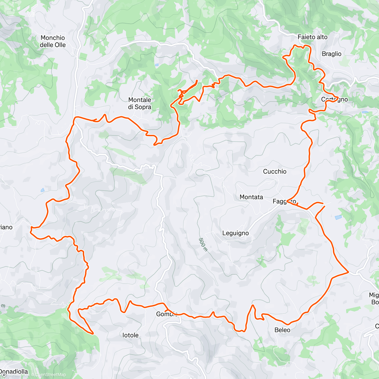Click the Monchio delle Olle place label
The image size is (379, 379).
[x=53, y=41]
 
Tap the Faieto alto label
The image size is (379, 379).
[x=312, y=37]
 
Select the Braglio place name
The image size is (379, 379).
[x=331, y=54]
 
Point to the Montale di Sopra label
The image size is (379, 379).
[x=139, y=103]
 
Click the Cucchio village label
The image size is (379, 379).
[x=275, y=171]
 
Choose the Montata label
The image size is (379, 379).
[x=251, y=197]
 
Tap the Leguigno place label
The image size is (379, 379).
[x=235, y=233]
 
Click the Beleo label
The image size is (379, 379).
[x=282, y=330]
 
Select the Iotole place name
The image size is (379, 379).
[x=130, y=335]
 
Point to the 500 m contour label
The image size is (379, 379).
[x=203, y=245]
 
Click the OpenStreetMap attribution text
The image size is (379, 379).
[x=50, y=375]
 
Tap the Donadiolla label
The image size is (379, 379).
[x=14, y=372]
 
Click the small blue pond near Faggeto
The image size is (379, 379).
[x=338, y=217]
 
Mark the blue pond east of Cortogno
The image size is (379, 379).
[x=365, y=112]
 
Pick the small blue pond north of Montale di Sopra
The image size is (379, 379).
[x=157, y=65]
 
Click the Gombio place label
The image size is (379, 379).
[x=167, y=314]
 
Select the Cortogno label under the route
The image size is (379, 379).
[x=334, y=99]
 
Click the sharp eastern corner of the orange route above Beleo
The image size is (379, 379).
[x=348, y=271]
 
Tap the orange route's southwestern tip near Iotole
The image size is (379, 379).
[x=93, y=333]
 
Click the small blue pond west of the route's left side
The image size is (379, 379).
[x=42, y=190]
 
